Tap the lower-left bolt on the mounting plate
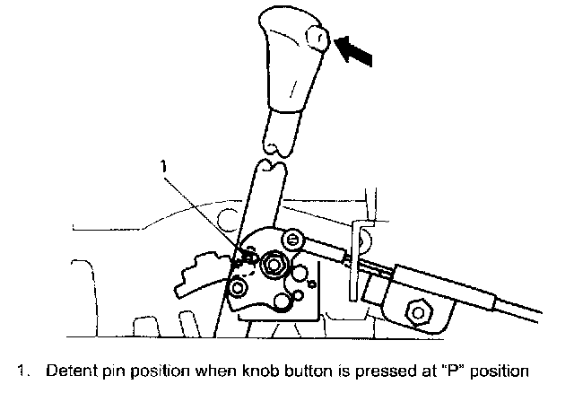tap(238, 288)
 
